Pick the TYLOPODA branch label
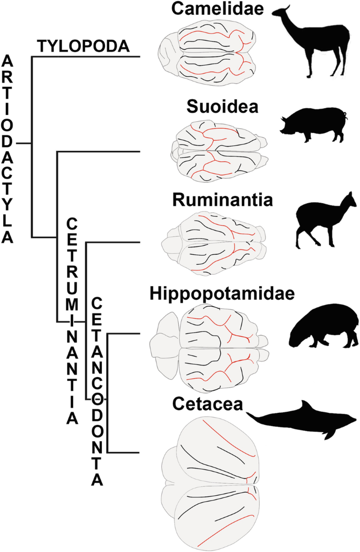pos(83,47)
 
